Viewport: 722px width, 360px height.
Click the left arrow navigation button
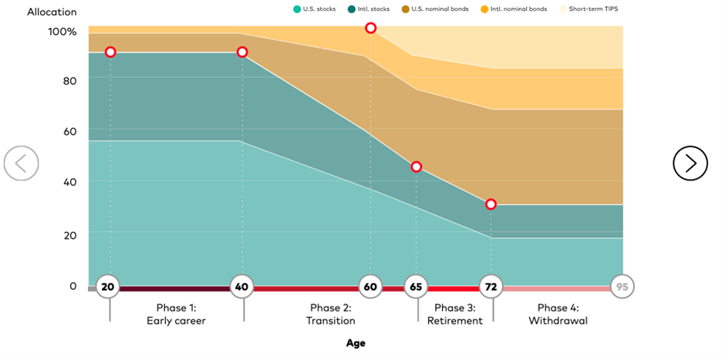(x=21, y=163)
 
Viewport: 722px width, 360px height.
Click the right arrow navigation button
(x=690, y=163)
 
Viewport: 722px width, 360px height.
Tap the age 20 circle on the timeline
(x=108, y=287)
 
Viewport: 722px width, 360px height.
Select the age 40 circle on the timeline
(x=243, y=287)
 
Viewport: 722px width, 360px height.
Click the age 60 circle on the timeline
(x=370, y=287)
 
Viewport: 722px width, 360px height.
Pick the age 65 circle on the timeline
(x=416, y=287)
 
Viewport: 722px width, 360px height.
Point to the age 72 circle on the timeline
(x=491, y=287)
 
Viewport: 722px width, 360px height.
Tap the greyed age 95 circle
(x=622, y=287)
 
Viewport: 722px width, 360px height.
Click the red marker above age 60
(x=370, y=28)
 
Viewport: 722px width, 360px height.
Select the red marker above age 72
(x=491, y=204)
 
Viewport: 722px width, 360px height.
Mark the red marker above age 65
(x=416, y=167)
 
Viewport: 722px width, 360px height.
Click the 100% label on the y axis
(x=62, y=32)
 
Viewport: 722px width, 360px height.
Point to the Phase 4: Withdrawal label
(x=558, y=314)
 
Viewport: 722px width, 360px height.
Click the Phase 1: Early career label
(x=176, y=314)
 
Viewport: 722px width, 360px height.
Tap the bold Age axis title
(x=356, y=343)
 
